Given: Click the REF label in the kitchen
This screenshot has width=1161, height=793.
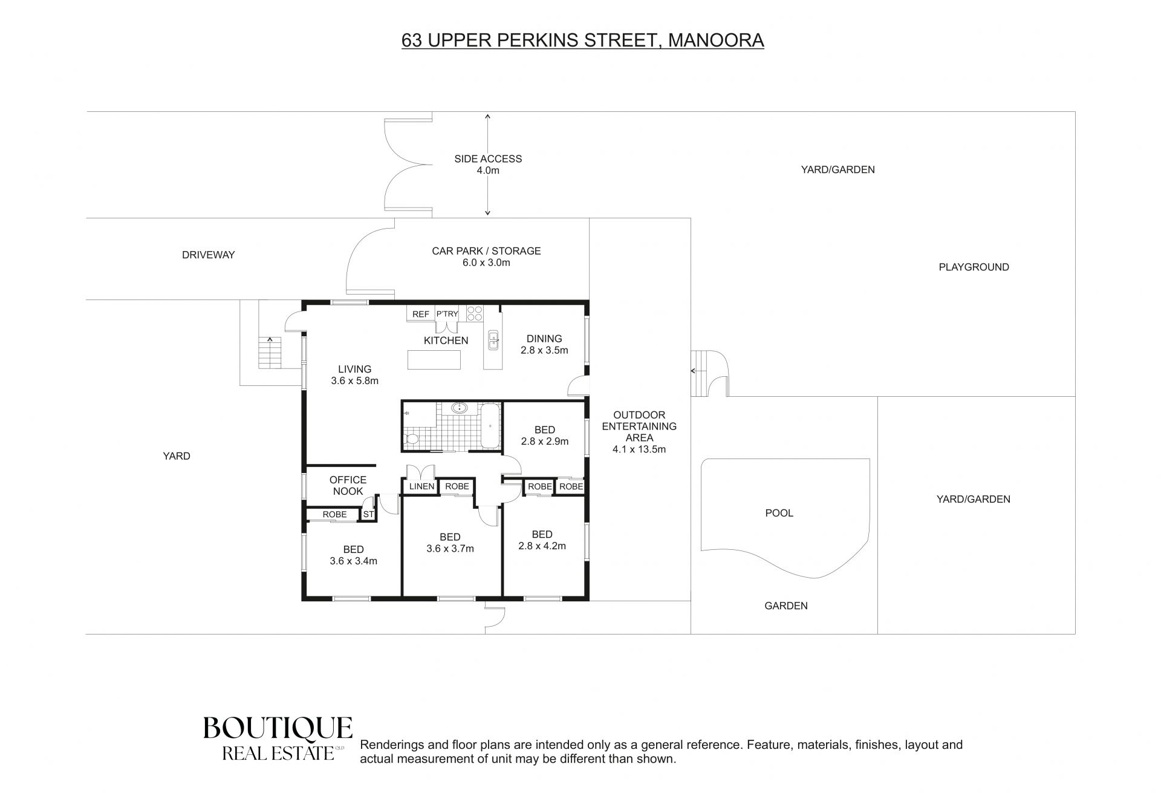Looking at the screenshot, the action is pos(421,314).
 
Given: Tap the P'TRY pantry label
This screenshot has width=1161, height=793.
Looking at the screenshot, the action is pos(447,314).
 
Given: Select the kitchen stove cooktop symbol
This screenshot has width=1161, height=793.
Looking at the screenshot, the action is pos(475,313).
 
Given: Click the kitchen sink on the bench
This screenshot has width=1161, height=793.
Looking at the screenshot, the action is pos(493,341).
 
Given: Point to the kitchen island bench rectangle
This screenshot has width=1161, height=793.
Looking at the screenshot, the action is pos(434,360).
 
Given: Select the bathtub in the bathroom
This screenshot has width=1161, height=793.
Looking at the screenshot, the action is pos(490,426).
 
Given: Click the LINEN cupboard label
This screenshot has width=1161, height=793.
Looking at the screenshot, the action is pos(421,486).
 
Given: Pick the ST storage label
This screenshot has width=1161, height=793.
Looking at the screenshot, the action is pos(368,515).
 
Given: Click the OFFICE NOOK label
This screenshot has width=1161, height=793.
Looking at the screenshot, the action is pos(348,486).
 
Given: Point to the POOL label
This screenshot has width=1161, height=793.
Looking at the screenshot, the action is pos(779,513).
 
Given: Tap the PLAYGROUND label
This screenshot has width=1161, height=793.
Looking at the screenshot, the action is pos(974,267).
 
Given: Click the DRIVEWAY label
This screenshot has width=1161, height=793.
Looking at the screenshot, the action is pos(209,255).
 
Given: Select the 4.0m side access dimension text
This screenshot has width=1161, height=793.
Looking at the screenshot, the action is pos(488,171).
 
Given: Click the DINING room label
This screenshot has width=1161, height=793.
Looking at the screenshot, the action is pos(544,339).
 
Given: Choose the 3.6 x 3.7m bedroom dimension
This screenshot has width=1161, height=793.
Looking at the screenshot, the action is pos(450,549).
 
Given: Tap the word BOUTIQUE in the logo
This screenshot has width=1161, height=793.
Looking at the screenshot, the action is pos(278,728).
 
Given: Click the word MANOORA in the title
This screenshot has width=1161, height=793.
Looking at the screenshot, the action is pos(716,41).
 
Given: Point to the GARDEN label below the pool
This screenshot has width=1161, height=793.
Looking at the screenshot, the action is pos(786,605).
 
